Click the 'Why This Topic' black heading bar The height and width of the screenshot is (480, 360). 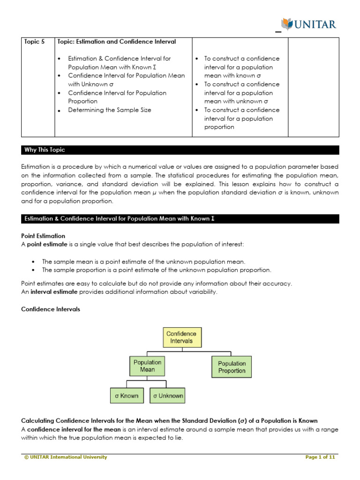click(x=45, y=150)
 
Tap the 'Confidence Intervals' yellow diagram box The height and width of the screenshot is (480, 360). click(x=182, y=337)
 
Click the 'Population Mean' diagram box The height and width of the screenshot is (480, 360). click(x=147, y=366)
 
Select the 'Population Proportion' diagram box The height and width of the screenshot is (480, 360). click(x=232, y=367)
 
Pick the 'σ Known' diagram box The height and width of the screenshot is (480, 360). click(x=127, y=396)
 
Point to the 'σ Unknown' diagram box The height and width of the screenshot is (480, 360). click(x=167, y=396)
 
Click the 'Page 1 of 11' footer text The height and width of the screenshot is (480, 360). click(x=320, y=457)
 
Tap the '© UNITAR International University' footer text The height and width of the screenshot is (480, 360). click(x=66, y=457)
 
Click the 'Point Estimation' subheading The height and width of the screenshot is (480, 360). click(x=43, y=236)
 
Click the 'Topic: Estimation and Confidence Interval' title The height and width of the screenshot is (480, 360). click(x=116, y=42)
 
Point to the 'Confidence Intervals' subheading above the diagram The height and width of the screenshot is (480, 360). click(x=51, y=309)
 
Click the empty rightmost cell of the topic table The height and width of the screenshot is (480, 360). click(x=313, y=87)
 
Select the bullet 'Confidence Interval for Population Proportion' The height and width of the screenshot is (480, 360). click(x=117, y=97)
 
